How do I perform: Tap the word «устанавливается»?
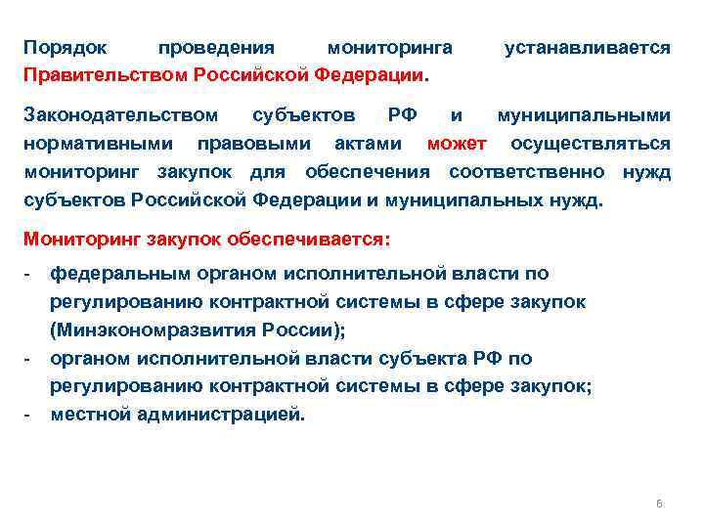[587, 47]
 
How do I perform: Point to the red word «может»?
[457, 145]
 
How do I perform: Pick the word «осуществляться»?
[591, 145]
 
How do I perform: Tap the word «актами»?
[367, 145]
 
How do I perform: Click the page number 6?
[658, 504]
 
